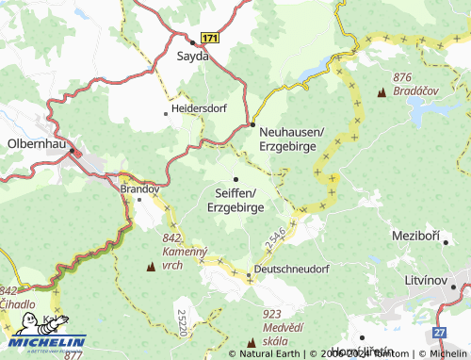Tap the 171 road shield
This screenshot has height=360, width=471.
click(x=209, y=38)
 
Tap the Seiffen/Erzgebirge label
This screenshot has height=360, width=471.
click(x=235, y=200)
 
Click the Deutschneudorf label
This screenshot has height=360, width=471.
click(x=294, y=270)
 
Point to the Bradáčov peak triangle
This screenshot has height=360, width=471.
click(x=382, y=94)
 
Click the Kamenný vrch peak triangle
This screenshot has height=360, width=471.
click(x=151, y=267)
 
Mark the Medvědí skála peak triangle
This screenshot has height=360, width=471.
click(x=252, y=342)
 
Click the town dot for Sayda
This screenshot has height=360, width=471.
click(x=193, y=41)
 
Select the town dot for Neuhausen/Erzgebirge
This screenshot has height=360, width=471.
click(x=252, y=124)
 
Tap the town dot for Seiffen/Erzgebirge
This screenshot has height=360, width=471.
click(x=235, y=179)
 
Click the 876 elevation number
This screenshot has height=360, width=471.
click(x=404, y=77)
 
